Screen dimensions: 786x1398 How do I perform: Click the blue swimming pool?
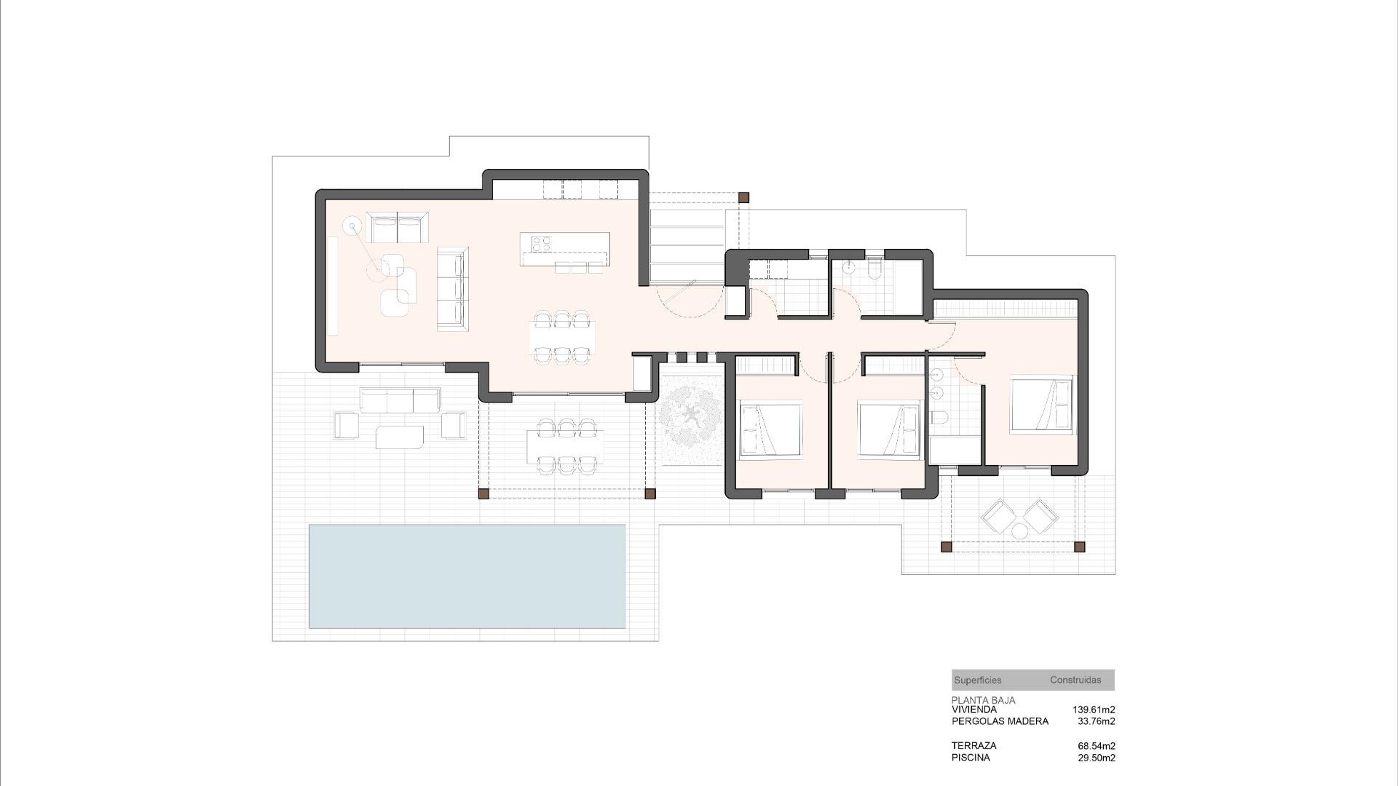[467, 576]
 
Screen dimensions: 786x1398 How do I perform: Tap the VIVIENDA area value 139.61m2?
[1093, 710]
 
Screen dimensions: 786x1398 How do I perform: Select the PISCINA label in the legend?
[970, 758]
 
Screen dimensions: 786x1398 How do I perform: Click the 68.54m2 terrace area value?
[1096, 746]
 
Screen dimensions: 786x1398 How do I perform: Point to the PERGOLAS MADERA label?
[1000, 721]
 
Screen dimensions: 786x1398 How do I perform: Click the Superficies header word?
[977, 680]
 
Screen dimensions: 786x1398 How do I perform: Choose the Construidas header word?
[1075, 680]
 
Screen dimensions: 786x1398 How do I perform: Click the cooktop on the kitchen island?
[541, 244]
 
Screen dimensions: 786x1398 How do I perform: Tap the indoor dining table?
[562, 337]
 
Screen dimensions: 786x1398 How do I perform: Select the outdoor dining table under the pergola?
[565, 445]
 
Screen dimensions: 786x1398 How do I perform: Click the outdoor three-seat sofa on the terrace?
[399, 400]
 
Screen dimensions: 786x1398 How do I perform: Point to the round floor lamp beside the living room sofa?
[352, 226]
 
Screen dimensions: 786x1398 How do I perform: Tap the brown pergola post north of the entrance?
[743, 197]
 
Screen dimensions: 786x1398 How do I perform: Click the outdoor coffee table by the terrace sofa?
[399, 437]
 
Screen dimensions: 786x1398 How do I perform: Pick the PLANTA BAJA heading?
[983, 700]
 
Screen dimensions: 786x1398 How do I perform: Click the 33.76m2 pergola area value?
[1096, 721]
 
